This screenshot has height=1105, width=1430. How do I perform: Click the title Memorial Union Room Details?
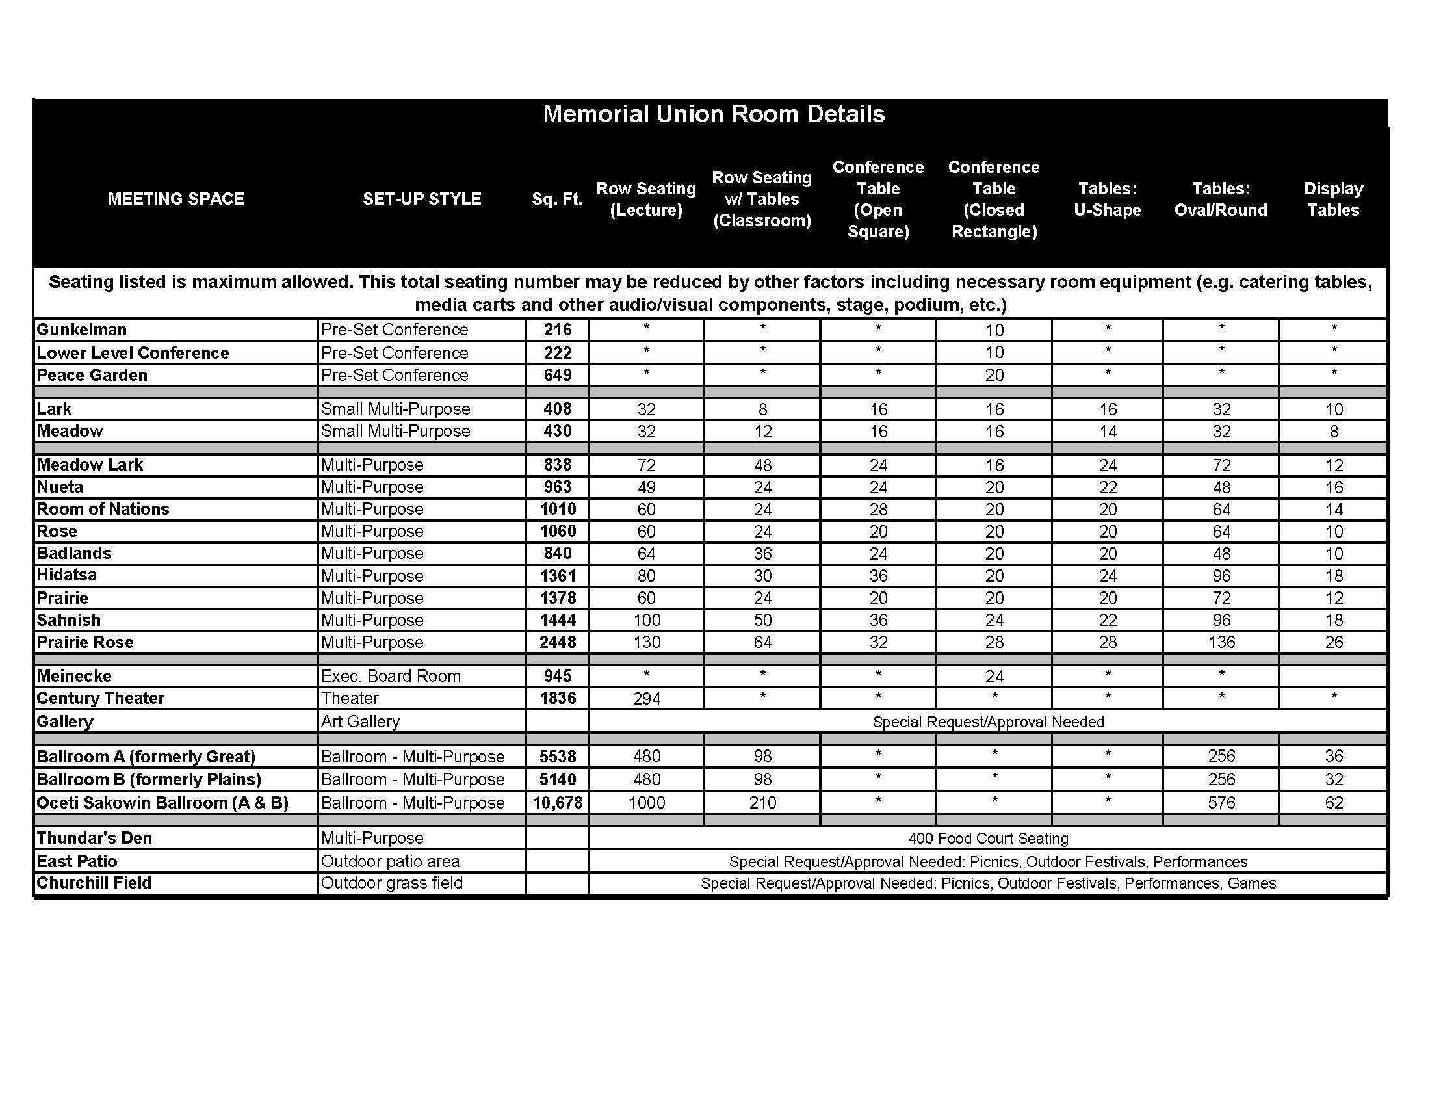714,114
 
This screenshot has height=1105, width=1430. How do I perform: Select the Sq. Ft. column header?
556,199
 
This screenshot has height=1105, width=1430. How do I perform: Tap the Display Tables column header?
1333,199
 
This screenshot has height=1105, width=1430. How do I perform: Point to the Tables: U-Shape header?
1107,199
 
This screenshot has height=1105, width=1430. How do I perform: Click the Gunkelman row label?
82,330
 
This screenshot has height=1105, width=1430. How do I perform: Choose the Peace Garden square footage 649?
557,375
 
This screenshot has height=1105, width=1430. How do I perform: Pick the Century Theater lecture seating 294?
646,699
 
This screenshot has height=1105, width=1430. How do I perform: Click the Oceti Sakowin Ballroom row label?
162,803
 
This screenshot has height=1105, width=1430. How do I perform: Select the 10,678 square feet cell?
557,803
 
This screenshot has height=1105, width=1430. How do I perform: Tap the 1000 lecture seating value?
646,803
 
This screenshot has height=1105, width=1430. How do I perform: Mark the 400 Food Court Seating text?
988,838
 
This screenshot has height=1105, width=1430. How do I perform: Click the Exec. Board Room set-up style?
391,676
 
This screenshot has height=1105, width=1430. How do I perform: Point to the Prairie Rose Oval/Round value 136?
1221,642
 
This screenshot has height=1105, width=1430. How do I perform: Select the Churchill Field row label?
94,883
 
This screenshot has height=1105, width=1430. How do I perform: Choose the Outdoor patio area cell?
390,861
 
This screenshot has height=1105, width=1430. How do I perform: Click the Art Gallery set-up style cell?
360,721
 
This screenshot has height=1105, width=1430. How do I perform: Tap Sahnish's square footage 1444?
557,620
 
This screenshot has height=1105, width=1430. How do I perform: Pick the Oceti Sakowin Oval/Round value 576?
1221,803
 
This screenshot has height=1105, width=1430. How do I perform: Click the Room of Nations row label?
103,510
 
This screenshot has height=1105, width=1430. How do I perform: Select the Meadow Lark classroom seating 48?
762,465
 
